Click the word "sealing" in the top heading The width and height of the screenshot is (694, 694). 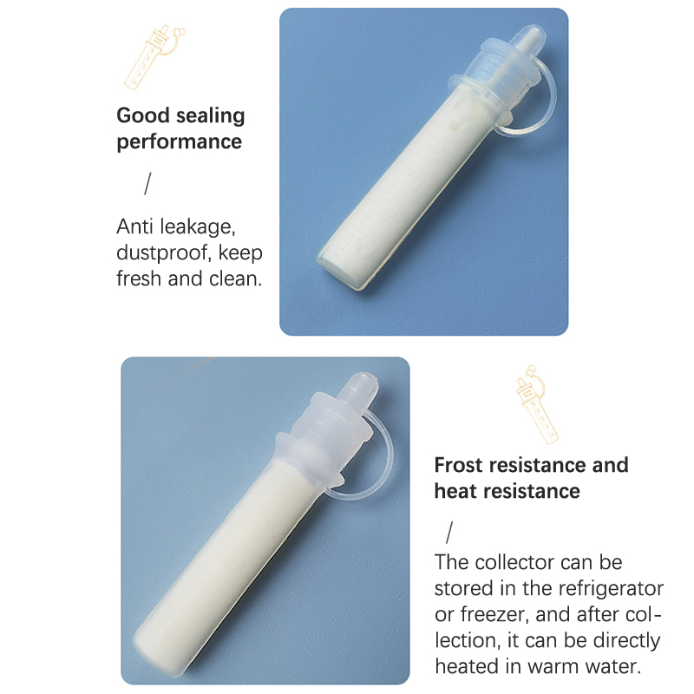210,116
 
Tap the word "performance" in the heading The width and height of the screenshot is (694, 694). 180,142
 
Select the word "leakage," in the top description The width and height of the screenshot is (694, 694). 198,227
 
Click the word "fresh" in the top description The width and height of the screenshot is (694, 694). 139,278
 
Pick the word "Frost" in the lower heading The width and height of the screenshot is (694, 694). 459,465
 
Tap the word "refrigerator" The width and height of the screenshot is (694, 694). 611,589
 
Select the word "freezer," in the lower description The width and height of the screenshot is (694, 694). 494,615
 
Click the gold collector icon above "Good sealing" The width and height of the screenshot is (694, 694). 154,56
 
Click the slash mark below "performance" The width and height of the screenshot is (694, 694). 147,184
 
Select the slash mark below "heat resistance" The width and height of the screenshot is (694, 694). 449,533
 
